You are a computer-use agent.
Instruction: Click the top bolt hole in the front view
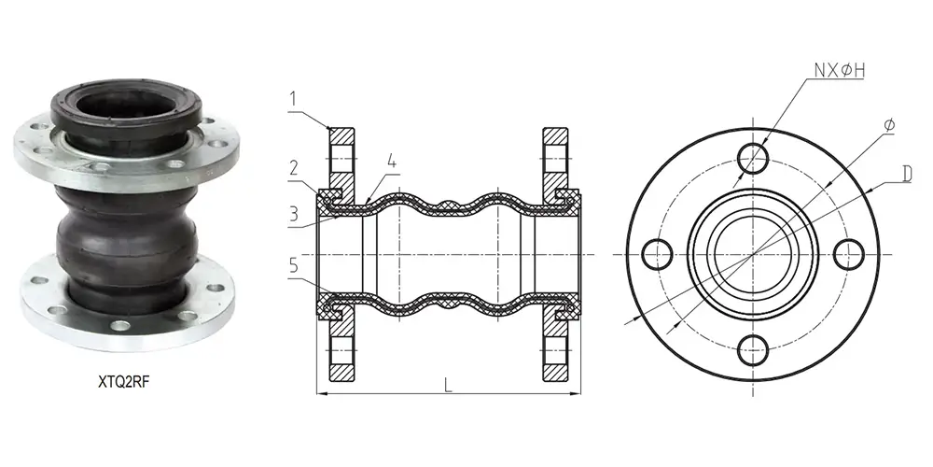(x=752, y=157)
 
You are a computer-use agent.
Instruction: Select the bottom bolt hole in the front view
(x=752, y=351)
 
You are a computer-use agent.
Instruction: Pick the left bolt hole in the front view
(x=656, y=253)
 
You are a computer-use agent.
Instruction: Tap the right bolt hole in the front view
(x=849, y=253)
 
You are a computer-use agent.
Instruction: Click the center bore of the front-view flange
(x=752, y=253)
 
